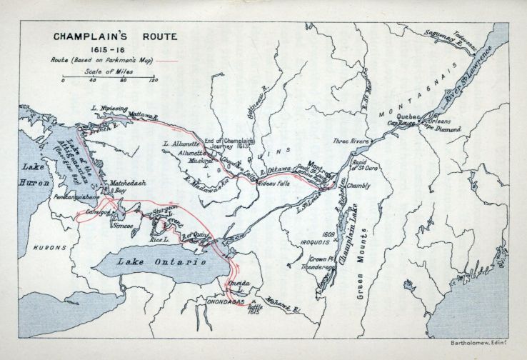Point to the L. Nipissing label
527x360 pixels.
(x=109, y=109)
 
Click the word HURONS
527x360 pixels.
(x=47, y=247)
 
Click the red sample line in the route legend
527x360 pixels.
(x=169, y=62)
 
